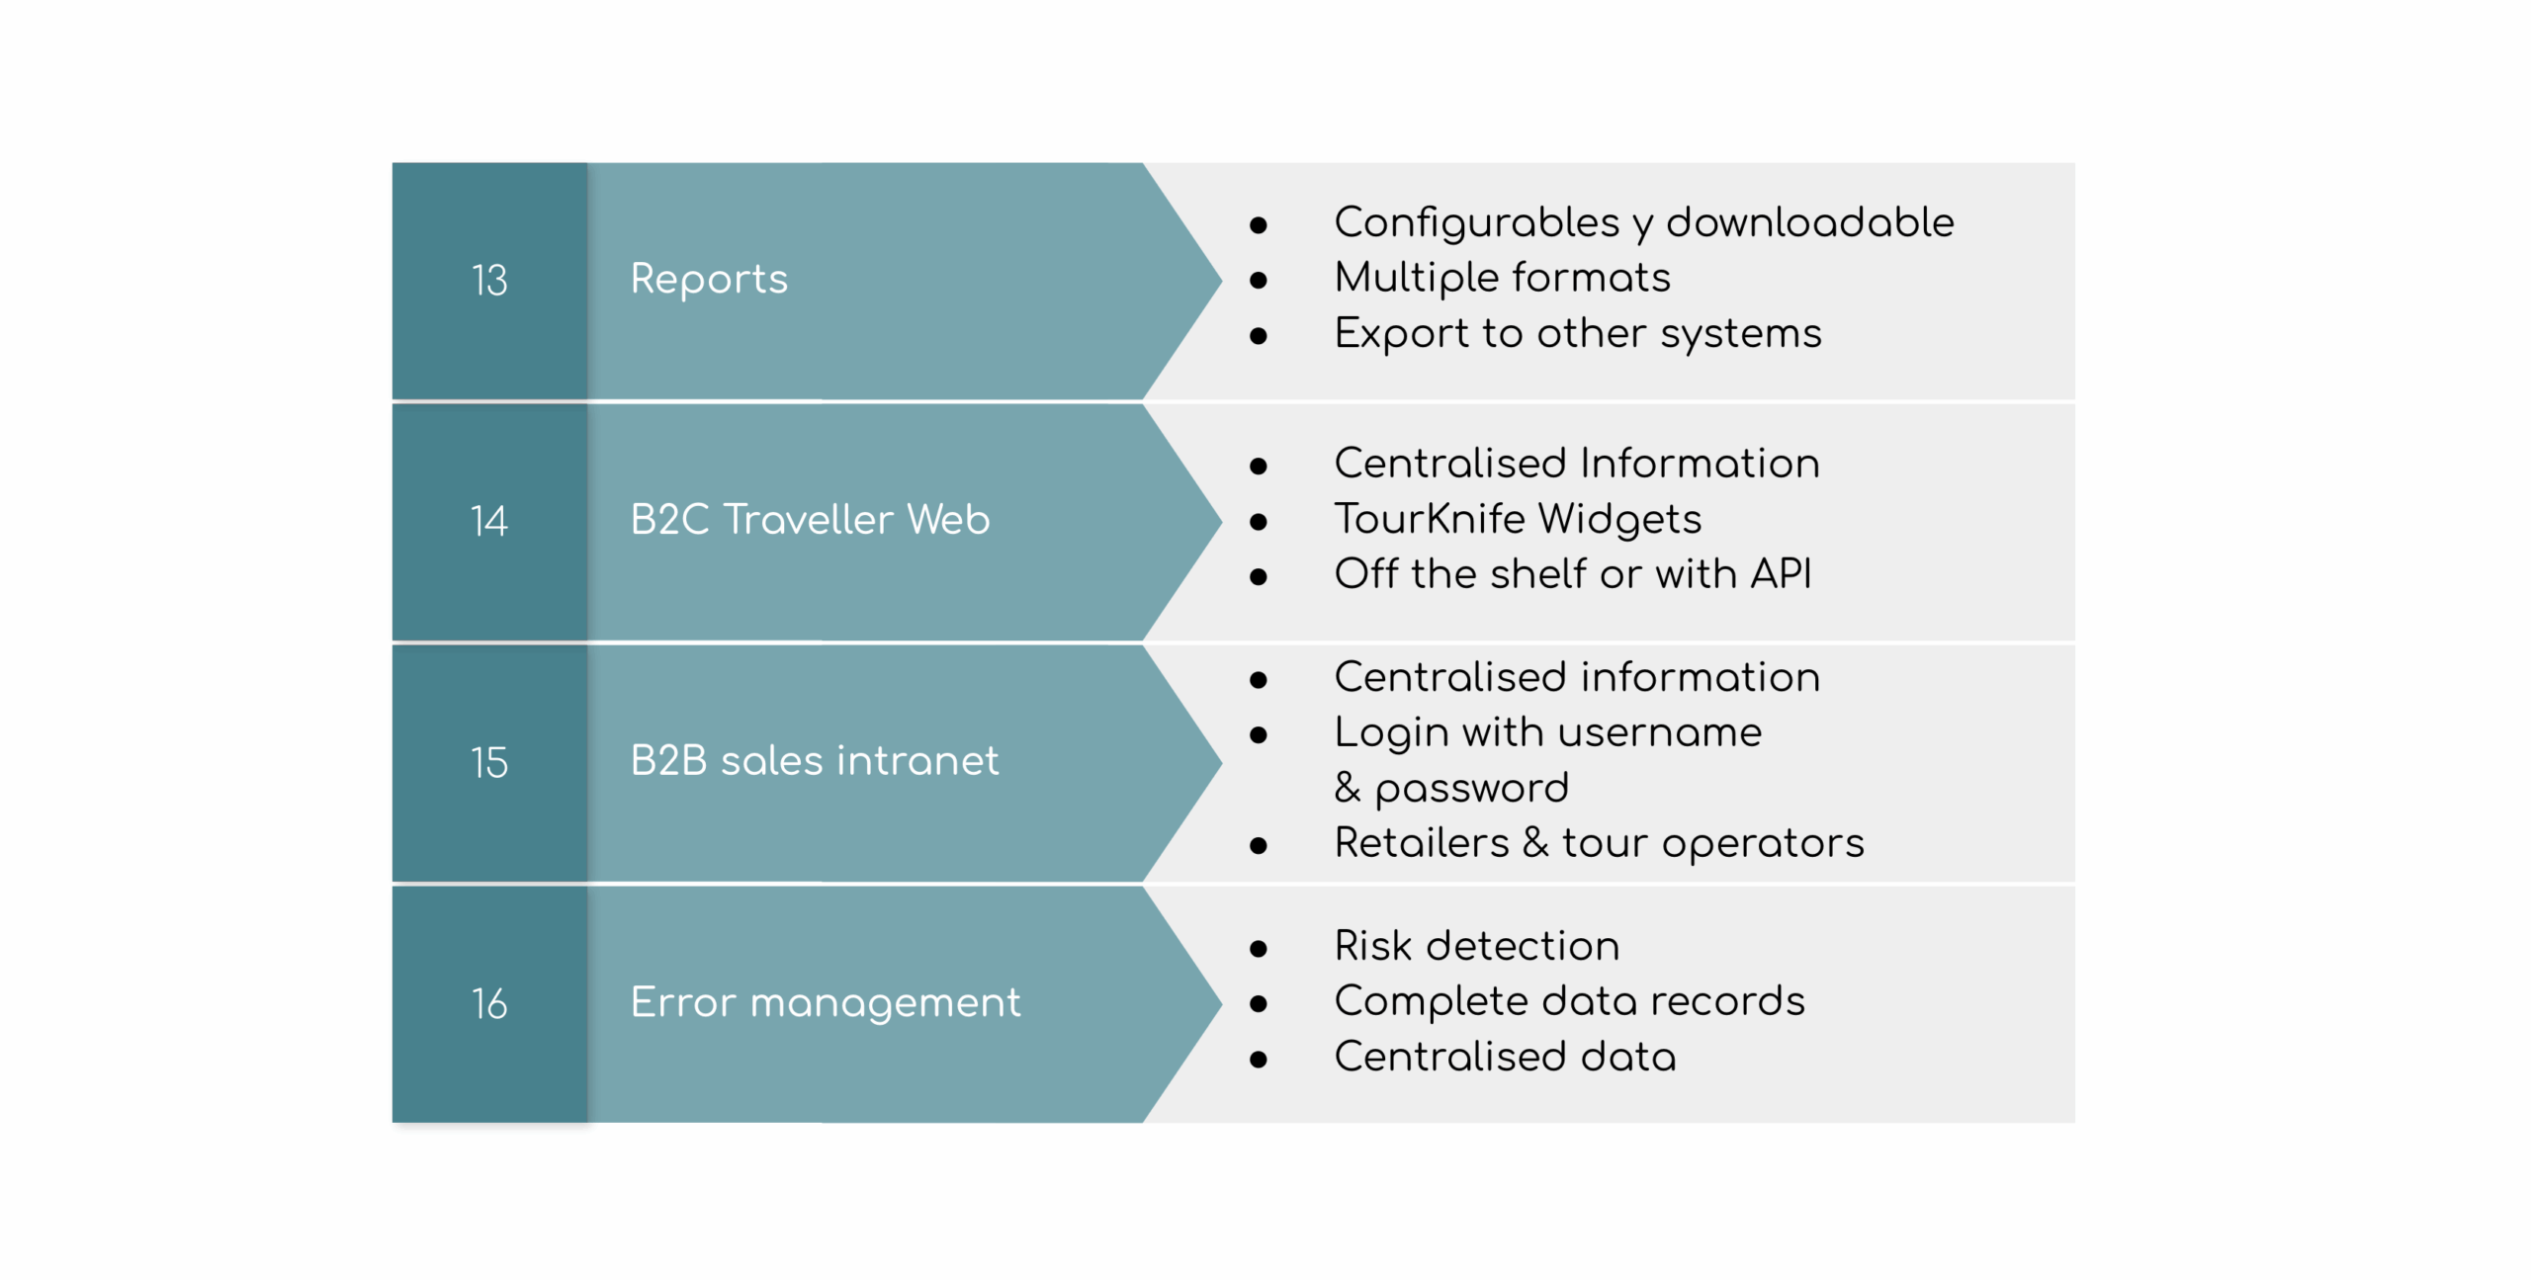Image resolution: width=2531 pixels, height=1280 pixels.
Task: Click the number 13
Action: [x=489, y=281]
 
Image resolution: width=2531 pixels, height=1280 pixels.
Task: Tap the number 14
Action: [x=489, y=521]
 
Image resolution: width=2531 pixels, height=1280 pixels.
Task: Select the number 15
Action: [x=489, y=762]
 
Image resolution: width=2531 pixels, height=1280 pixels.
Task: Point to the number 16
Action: [x=489, y=1003]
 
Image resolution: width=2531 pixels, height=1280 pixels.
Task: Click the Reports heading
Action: [x=709, y=279]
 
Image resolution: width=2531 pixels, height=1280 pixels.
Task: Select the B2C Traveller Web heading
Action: [x=810, y=520]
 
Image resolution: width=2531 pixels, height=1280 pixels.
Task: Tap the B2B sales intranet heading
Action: [x=815, y=761]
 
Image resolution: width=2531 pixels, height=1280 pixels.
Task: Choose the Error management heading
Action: [x=826, y=1002]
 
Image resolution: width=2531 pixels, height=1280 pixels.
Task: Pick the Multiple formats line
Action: [x=1502, y=278]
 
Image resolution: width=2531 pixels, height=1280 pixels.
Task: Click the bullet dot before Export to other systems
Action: [x=1259, y=336]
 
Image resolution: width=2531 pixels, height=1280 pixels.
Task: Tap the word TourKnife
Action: [x=1430, y=519]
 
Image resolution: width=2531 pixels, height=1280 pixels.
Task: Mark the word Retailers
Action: [x=1422, y=843]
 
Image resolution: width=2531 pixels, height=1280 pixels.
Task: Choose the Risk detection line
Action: [x=1477, y=946]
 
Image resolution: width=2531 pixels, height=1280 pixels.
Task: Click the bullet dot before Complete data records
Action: [x=1259, y=1004]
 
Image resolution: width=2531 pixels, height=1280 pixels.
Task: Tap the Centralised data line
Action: [x=1505, y=1057]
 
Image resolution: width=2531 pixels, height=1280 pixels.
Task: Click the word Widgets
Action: [x=1619, y=519]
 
